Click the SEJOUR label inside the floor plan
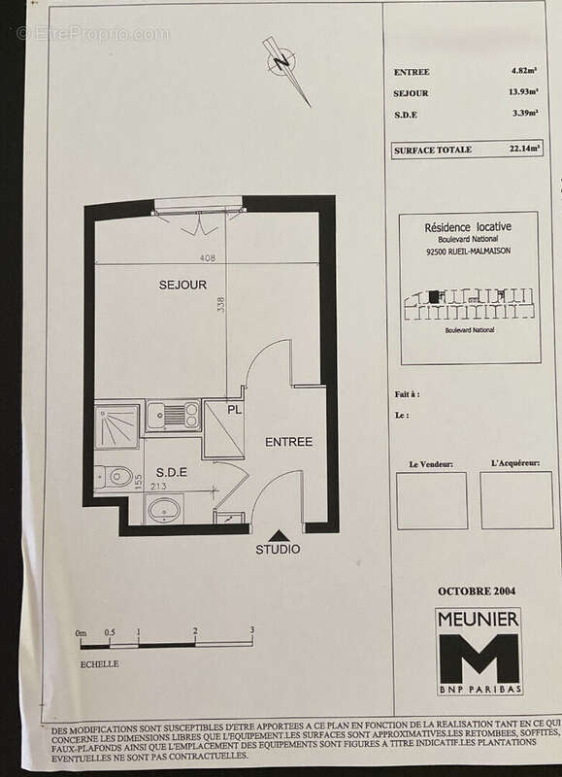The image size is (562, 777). tap(182, 285)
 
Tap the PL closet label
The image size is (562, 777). tap(234, 410)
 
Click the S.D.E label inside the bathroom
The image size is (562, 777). tap(171, 472)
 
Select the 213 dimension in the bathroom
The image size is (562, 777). tap(160, 487)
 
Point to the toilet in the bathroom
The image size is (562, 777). tap(118, 476)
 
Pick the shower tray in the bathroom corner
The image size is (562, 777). tap(118, 426)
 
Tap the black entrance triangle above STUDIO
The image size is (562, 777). tap(278, 534)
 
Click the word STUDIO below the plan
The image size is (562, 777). tap(278, 550)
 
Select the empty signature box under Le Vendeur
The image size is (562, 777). tap(432, 500)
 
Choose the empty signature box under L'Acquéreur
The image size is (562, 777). tap(516, 500)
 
